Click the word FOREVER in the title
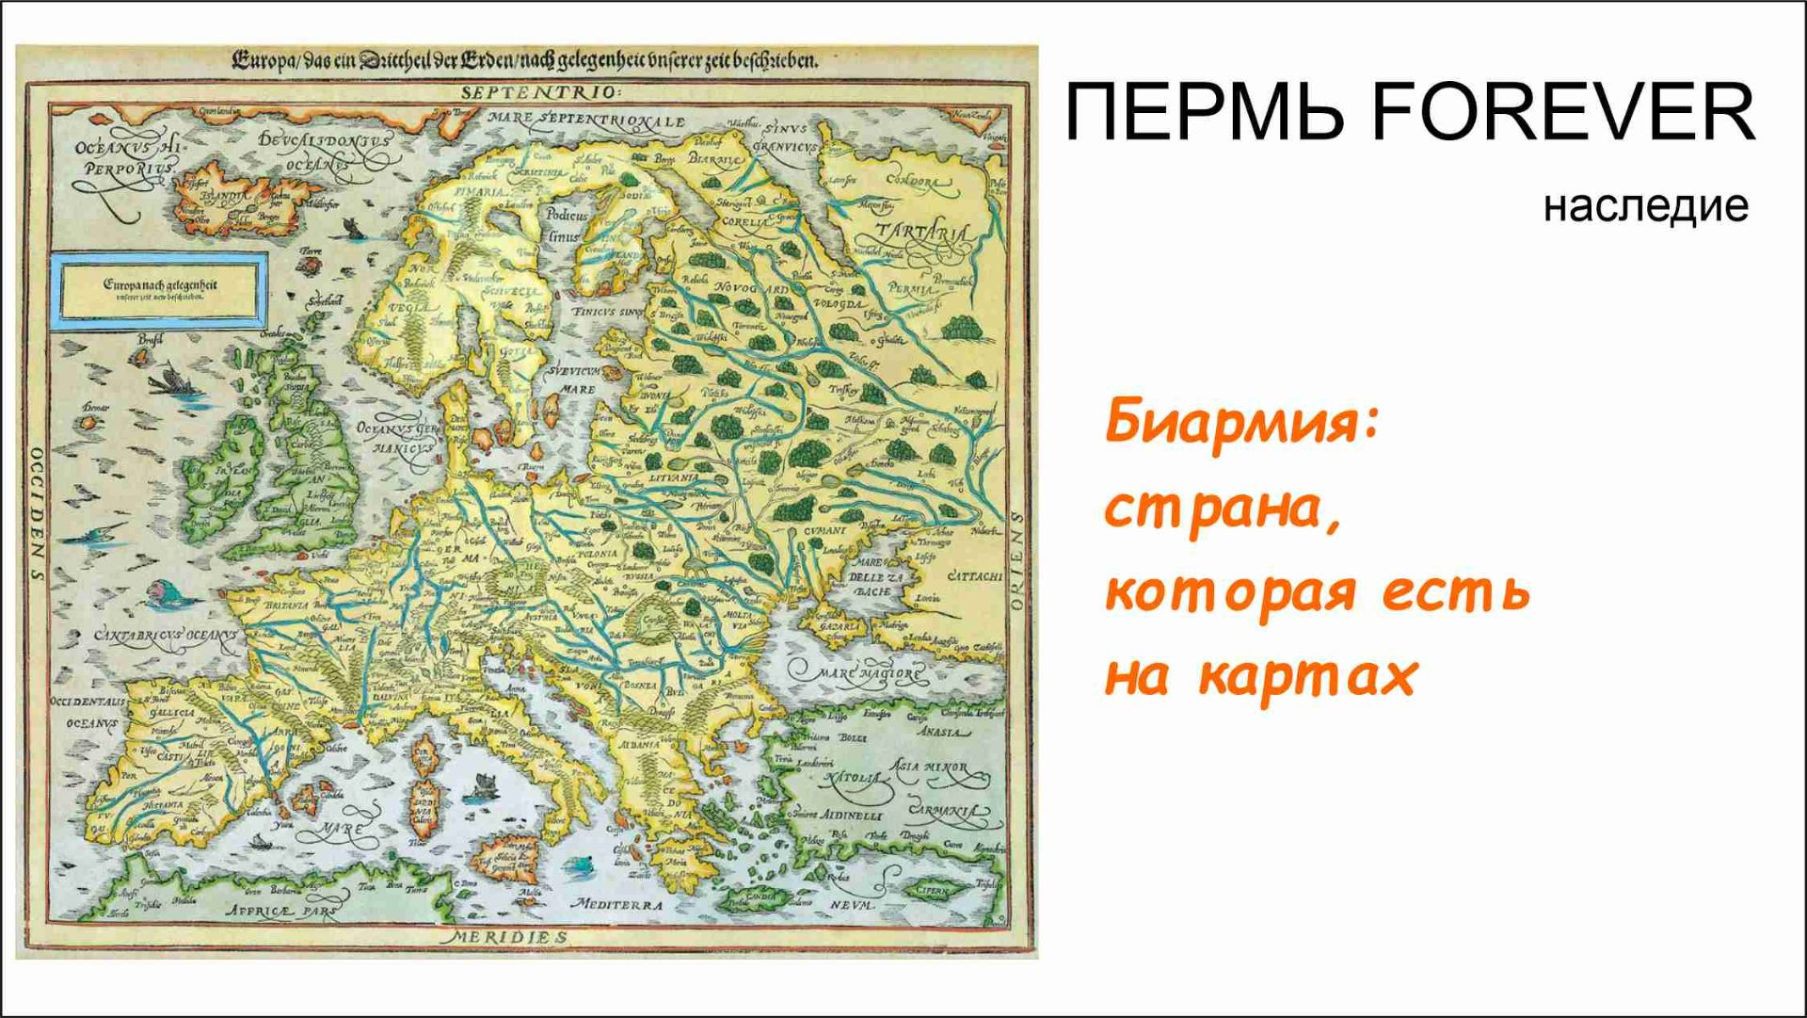coord(1562,113)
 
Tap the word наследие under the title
coord(1645,205)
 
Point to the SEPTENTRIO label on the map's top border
coord(540,92)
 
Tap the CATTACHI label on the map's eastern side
coord(973,576)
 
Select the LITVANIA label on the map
coord(674,477)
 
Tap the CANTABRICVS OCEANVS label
coord(166,636)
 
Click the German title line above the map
coord(524,62)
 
